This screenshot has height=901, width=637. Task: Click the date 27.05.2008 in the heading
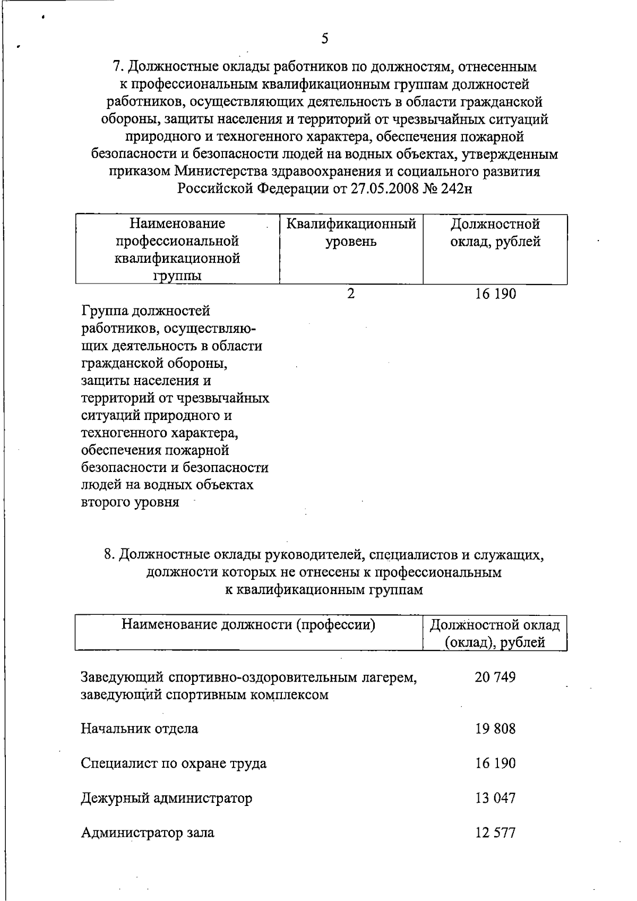click(384, 189)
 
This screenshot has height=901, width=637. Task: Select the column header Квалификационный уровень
click(351, 233)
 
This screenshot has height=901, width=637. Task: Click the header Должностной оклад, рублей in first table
click(495, 233)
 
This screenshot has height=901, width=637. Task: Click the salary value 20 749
click(495, 677)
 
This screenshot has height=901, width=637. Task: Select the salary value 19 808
click(495, 728)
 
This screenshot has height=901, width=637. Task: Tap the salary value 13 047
click(495, 797)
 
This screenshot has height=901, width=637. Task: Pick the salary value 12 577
click(495, 832)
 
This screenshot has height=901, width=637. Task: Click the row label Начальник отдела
click(139, 728)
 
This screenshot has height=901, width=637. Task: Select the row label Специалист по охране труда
click(174, 763)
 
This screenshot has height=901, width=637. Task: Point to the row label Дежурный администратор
click(166, 797)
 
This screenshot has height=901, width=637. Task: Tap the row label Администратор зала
click(148, 832)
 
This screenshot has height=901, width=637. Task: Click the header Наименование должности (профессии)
click(248, 624)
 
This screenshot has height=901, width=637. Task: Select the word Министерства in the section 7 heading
click(221, 171)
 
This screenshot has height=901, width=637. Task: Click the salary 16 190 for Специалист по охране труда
click(495, 763)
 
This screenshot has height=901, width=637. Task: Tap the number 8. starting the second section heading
click(110, 555)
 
